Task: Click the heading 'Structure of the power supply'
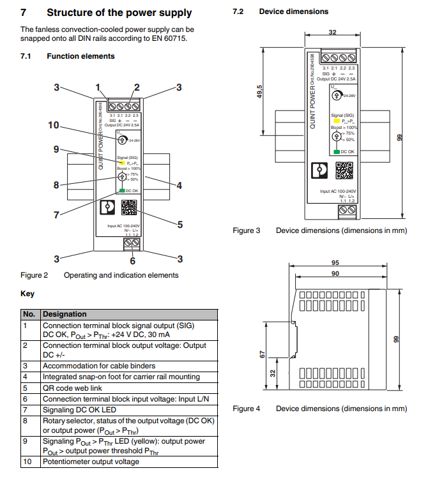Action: pyautogui.click(x=119, y=12)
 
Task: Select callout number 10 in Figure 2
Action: pyautogui.click(x=54, y=125)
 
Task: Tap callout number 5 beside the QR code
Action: pyautogui.click(x=180, y=224)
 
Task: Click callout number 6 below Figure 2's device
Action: pyautogui.click(x=133, y=260)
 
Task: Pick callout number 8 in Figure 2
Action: pyautogui.click(x=56, y=185)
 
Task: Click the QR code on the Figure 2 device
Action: pyautogui.click(x=129, y=209)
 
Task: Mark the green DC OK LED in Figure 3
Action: pyautogui.click(x=336, y=152)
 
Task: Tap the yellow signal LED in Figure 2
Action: pyautogui.click(x=121, y=163)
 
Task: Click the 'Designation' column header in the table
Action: pyautogui.click(x=64, y=314)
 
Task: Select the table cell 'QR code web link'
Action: pyautogui.click(x=72, y=387)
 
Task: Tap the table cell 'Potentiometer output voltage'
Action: pyautogui.click(x=90, y=461)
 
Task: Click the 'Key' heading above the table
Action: pyautogui.click(x=27, y=294)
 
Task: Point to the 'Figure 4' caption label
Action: pyautogui.click(x=246, y=409)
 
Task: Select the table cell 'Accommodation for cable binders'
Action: pyautogui.click(x=99, y=366)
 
